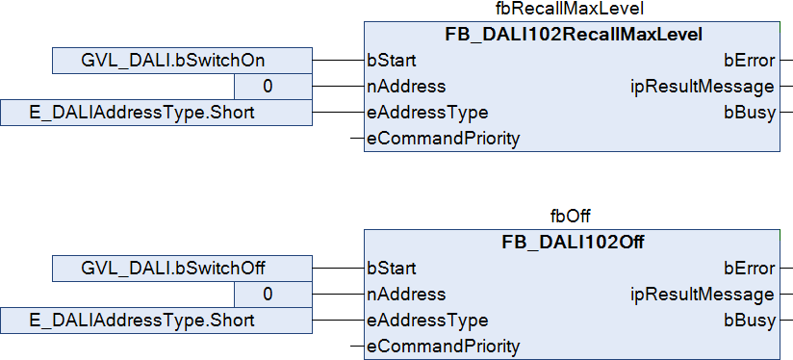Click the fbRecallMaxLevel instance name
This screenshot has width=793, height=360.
tap(571, 9)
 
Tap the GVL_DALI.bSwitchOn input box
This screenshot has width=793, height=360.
tap(182, 61)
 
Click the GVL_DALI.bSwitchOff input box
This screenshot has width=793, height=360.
tap(182, 268)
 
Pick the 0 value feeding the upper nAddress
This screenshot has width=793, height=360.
tap(273, 87)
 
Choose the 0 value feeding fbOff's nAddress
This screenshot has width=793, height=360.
tap(273, 294)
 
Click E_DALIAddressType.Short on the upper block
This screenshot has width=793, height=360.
tap(156, 113)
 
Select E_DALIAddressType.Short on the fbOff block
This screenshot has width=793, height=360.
tap(156, 321)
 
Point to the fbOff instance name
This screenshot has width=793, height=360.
tap(571, 217)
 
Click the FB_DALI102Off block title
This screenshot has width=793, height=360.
tap(573, 243)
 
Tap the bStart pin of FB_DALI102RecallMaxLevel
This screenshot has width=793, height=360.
tap(392, 61)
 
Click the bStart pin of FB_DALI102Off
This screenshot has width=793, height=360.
tap(392, 268)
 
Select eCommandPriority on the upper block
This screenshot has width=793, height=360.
tap(444, 138)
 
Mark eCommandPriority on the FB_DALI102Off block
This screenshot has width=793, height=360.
tap(444, 346)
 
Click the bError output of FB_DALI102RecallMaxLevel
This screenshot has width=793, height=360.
tap(750, 61)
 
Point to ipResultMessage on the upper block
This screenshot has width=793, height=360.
tap(702, 87)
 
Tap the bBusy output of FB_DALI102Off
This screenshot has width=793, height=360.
tap(750, 321)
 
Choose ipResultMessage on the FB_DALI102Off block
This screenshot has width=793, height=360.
tap(702, 295)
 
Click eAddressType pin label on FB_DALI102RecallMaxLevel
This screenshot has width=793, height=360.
tap(428, 113)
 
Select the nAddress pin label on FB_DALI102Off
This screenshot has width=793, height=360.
tap(407, 294)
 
